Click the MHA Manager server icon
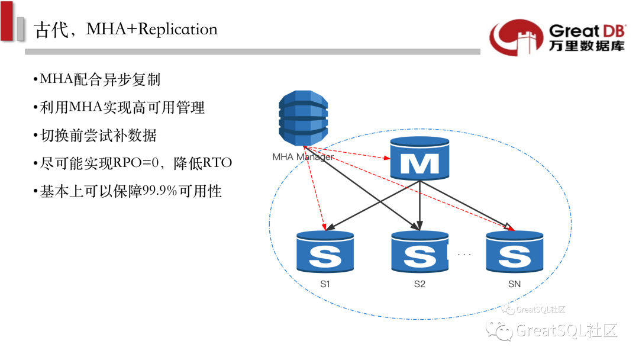pos(303,119)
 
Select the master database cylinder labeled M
pos(419,159)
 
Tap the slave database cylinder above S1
pos(325,252)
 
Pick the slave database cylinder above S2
pos(419,252)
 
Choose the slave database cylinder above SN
pos(514,252)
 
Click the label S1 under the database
pos(325,284)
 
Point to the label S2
pos(419,284)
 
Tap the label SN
pos(514,284)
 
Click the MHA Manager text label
pos(302,157)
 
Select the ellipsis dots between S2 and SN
pos(464,255)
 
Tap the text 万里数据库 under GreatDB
pos(586,46)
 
